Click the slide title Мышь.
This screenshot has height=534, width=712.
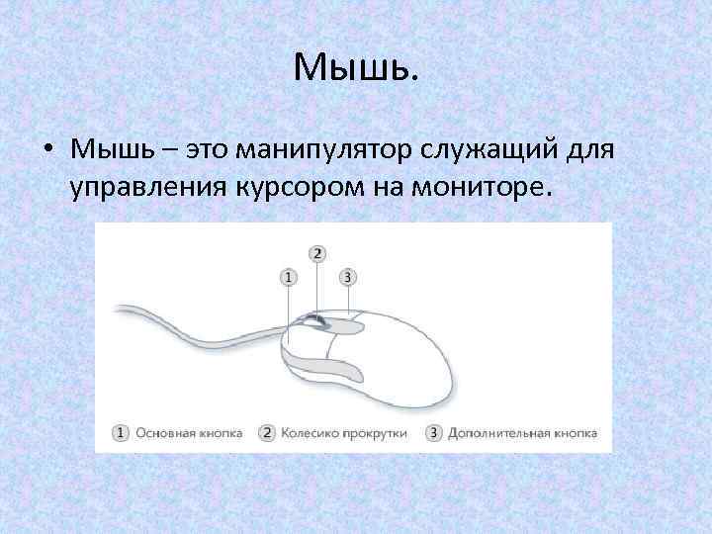(x=356, y=67)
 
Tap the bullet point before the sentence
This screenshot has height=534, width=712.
(x=46, y=152)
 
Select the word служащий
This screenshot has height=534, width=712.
(x=503, y=152)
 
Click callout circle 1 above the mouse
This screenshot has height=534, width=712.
(x=288, y=277)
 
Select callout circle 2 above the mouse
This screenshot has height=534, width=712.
(x=316, y=254)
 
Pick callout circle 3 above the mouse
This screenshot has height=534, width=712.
(x=346, y=277)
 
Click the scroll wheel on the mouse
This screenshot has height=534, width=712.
(x=313, y=321)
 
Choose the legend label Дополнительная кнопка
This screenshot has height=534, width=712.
(x=522, y=433)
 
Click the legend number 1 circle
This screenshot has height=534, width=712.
(x=121, y=433)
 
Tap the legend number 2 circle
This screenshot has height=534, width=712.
(x=267, y=433)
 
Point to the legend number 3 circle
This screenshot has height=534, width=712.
(x=434, y=433)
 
